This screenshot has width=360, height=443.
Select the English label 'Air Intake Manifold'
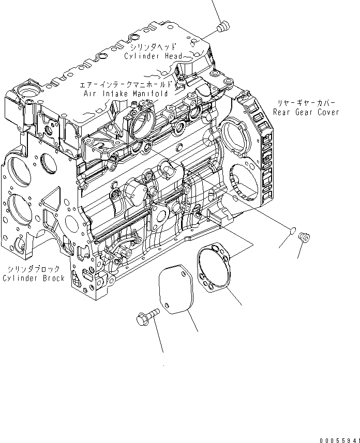point(126,94)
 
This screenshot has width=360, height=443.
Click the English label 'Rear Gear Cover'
point(307,112)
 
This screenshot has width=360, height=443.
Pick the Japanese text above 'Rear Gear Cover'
point(307,102)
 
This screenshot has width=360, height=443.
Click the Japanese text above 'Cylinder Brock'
point(34,269)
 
